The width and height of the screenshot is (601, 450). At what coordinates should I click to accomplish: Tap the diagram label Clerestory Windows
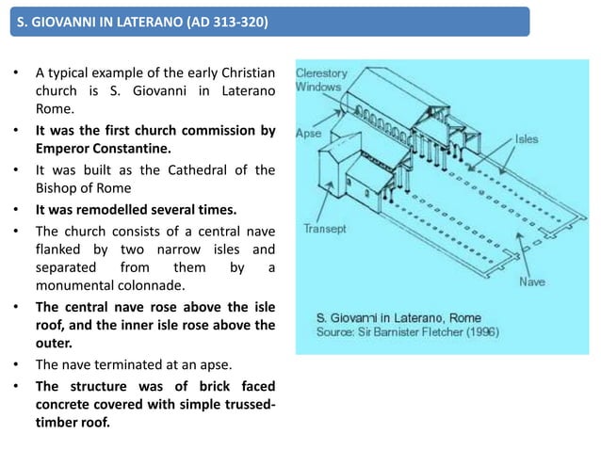pyautogui.click(x=321, y=80)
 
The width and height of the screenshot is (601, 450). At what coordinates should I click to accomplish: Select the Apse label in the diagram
pyautogui.click(x=308, y=134)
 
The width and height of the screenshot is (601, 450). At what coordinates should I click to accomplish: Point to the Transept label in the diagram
pyautogui.click(x=325, y=228)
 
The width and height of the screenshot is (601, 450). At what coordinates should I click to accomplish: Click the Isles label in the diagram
pyautogui.click(x=526, y=138)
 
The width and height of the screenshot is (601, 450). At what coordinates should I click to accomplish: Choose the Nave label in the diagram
pyautogui.click(x=532, y=281)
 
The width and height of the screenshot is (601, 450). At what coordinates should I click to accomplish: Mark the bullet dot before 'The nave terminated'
pyautogui.click(x=15, y=364)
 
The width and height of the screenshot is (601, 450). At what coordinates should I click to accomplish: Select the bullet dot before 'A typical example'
pyautogui.click(x=15, y=73)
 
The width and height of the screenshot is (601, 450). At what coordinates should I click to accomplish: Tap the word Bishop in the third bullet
pyautogui.click(x=59, y=187)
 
